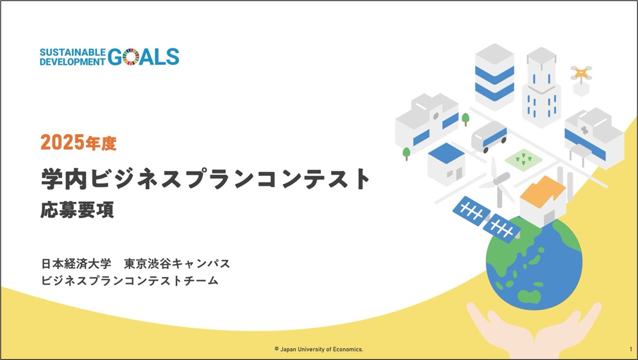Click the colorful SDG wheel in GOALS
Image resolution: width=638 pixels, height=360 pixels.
click(131, 57)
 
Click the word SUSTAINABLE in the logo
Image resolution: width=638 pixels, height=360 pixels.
click(72, 53)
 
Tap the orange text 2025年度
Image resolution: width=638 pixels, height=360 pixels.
click(79, 143)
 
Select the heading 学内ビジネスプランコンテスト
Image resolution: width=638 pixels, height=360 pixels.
click(206, 179)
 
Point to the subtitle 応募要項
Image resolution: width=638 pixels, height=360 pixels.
click(77, 210)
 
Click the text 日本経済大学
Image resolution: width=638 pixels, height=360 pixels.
click(76, 264)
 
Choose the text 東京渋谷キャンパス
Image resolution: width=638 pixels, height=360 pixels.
click(177, 264)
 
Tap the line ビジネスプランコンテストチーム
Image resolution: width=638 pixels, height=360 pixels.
click(130, 281)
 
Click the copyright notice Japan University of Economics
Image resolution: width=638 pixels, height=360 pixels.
click(319, 349)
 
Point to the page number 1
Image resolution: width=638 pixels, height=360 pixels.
click(631, 349)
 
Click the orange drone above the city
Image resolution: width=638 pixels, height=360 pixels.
click(581, 73)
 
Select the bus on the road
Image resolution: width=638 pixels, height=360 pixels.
click(489, 137)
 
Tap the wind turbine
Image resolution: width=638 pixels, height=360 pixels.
click(497, 183)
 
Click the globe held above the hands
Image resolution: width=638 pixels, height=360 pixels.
click(534, 262)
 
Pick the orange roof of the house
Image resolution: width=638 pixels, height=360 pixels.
click(543, 192)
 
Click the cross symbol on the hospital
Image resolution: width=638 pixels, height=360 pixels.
click(585, 130)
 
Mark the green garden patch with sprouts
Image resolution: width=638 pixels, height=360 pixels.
click(523, 160)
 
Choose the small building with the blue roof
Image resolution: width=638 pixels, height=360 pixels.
click(447, 165)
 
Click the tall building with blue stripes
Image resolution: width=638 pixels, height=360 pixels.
click(495, 77)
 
